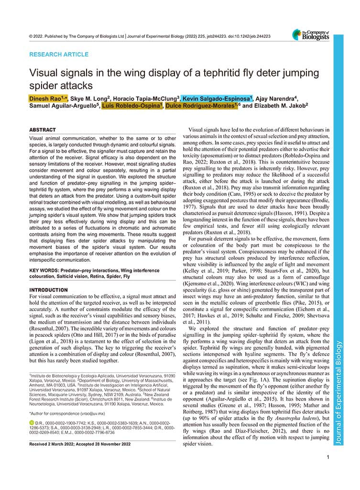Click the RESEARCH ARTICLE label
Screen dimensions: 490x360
59,55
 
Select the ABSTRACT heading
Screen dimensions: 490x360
43,130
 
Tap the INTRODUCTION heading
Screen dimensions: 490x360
49,290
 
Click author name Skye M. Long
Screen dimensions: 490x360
89,98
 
